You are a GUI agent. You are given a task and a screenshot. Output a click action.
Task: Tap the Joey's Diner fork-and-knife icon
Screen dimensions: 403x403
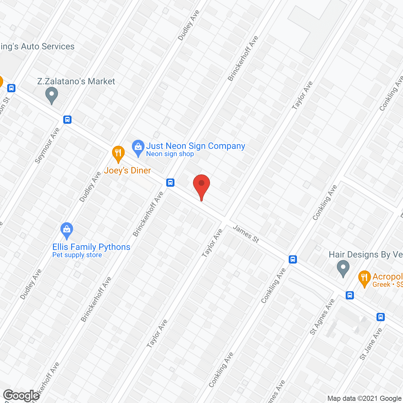(x=118, y=153)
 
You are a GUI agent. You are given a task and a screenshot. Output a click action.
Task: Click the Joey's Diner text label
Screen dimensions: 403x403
(x=128, y=170)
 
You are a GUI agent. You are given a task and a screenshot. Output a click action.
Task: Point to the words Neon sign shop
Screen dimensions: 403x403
(x=170, y=154)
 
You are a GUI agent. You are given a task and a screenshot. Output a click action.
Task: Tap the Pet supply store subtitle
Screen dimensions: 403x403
(x=77, y=255)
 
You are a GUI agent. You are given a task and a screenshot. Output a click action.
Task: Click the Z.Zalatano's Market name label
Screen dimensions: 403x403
(x=76, y=81)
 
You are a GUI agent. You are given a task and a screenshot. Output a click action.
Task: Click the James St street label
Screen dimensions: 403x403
(x=246, y=234)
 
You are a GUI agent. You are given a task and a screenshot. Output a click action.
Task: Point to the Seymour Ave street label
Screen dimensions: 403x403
(x=47, y=146)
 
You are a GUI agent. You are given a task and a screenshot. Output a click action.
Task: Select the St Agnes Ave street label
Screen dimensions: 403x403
(x=322, y=317)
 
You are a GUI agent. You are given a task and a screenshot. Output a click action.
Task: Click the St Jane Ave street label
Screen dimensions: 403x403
(x=371, y=344)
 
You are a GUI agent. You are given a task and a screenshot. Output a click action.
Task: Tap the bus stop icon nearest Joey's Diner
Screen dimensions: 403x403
(x=170, y=182)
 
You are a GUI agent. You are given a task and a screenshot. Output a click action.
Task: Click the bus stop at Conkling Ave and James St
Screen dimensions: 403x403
(x=293, y=259)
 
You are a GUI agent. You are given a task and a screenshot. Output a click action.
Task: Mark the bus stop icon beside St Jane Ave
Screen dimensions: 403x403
(x=381, y=317)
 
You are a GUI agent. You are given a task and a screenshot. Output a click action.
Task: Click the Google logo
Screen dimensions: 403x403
(x=21, y=395)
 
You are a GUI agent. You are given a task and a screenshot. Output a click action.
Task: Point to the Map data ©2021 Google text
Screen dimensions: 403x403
(x=365, y=399)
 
